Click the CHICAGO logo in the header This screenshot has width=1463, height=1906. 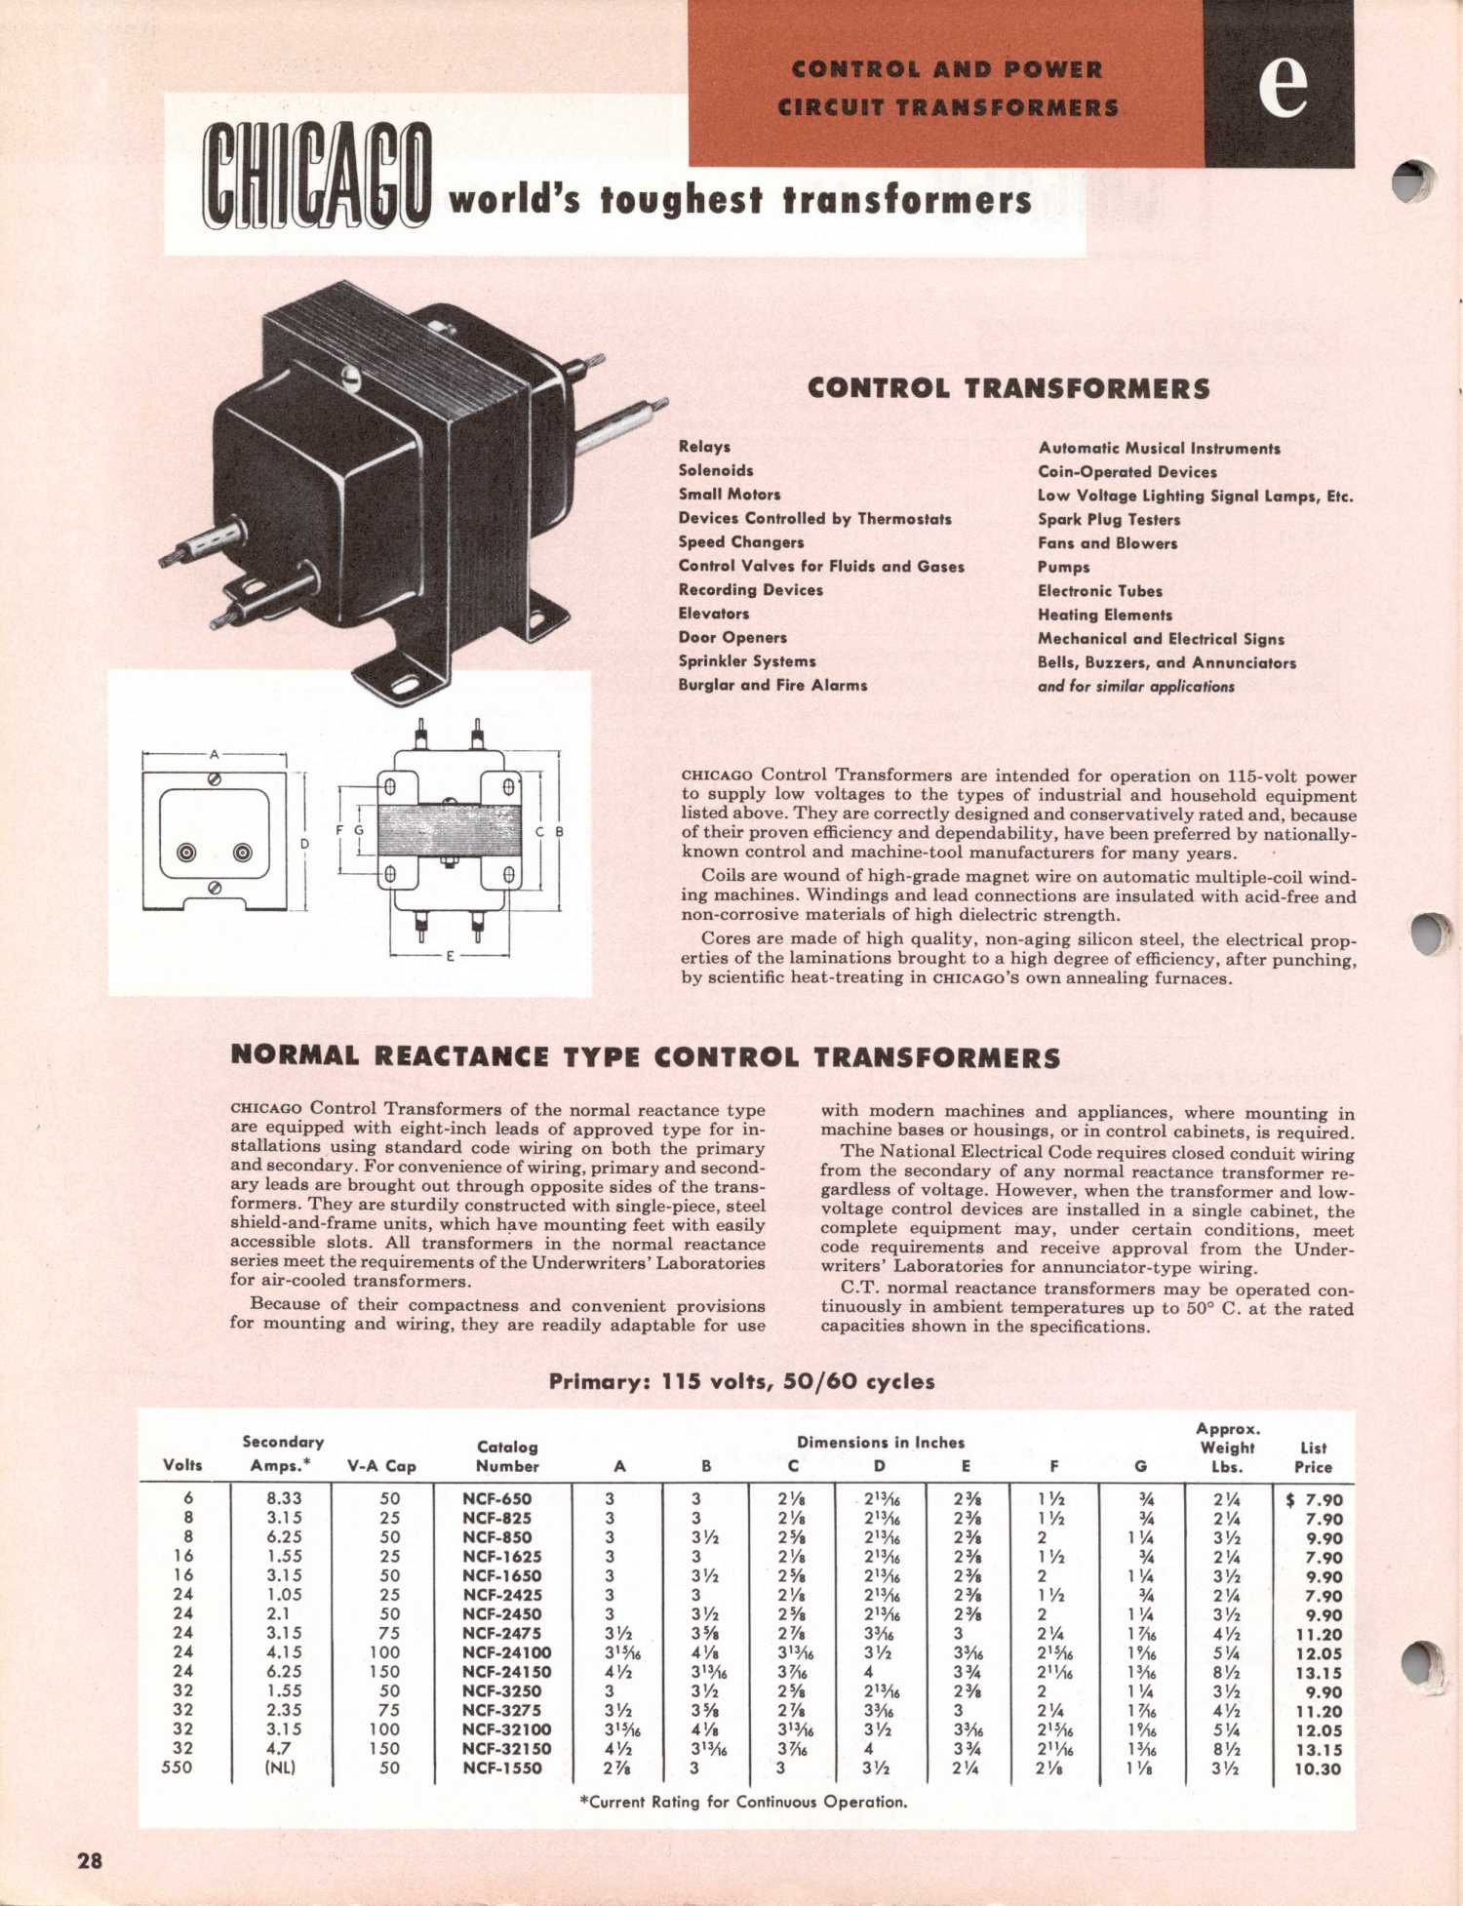(317, 178)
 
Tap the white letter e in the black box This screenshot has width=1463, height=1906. (1282, 85)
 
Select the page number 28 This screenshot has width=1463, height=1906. (90, 1860)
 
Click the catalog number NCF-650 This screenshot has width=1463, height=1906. (497, 1499)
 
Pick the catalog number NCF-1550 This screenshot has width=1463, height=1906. (502, 1767)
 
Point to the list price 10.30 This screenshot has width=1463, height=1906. (1318, 1768)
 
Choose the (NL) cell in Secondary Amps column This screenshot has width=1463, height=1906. (281, 1767)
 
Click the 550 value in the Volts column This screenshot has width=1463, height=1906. (177, 1767)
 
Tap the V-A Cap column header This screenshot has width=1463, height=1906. (381, 1466)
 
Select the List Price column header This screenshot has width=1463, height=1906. (1313, 1457)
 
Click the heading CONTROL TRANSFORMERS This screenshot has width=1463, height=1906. (1008, 388)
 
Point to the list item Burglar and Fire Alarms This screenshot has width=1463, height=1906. (772, 685)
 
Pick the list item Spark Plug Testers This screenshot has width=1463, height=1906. (1109, 519)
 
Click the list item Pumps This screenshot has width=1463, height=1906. (1063, 567)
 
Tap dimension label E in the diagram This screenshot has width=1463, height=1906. (451, 956)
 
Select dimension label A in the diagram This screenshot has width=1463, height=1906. (215, 754)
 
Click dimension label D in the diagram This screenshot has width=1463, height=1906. (304, 843)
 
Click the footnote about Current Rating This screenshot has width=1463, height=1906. (743, 1802)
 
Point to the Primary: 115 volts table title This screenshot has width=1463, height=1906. (741, 1381)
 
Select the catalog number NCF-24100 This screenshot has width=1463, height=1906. (506, 1652)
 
